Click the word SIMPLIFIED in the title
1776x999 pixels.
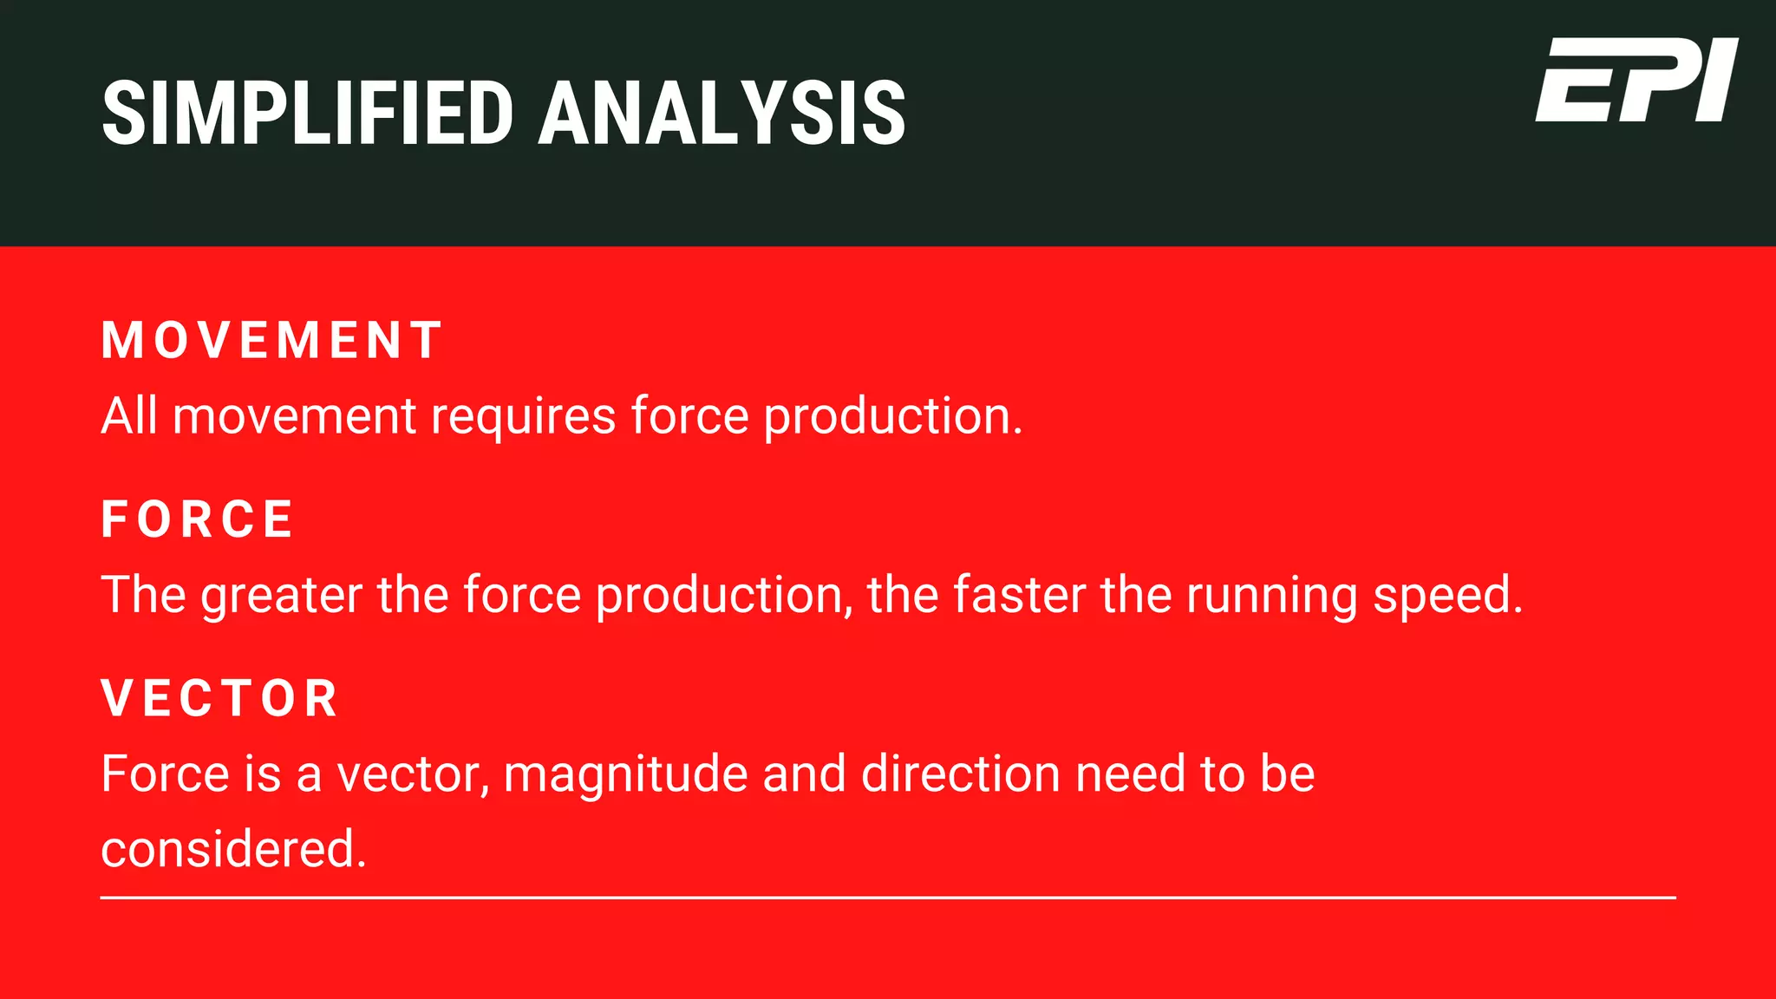click(x=308, y=114)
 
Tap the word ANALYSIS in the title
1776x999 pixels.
click(x=721, y=114)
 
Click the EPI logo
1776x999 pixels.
click(x=1636, y=81)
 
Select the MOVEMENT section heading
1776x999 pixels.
click(x=271, y=340)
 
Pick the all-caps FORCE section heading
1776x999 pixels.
click(x=198, y=519)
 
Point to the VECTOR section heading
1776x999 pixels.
click(x=220, y=698)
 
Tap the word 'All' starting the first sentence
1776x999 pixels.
click(x=129, y=415)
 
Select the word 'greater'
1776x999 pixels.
click(x=281, y=597)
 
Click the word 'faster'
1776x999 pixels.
click(x=1019, y=595)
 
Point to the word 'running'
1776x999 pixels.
click(x=1271, y=597)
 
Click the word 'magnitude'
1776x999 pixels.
click(x=625, y=774)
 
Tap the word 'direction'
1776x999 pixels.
click(x=961, y=774)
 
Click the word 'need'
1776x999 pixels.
click(x=1130, y=774)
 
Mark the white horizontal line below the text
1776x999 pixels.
click(x=888, y=898)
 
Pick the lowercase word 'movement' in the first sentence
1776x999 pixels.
click(x=294, y=417)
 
